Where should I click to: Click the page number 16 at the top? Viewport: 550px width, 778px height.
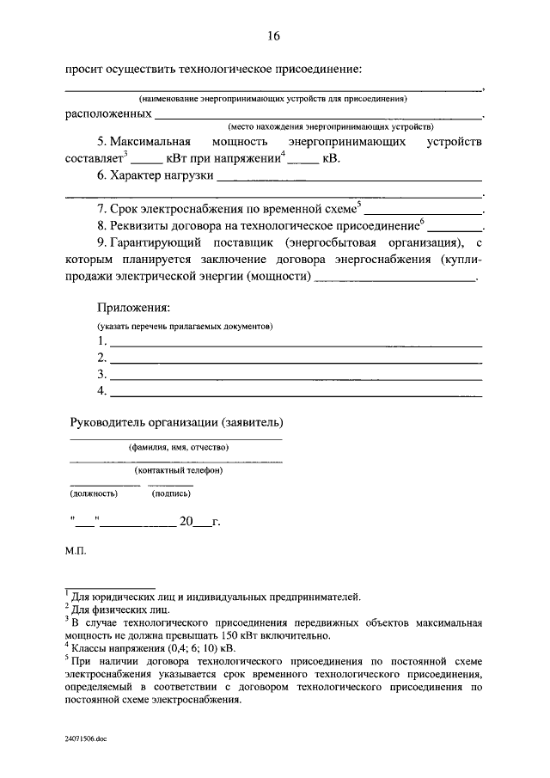(273, 35)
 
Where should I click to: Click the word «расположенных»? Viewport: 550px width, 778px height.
(109, 113)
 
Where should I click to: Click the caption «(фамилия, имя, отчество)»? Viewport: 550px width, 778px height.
(179, 448)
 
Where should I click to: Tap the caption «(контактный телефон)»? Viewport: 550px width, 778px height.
(179, 470)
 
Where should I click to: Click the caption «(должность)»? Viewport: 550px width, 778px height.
(93, 493)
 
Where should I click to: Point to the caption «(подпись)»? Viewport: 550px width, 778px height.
(171, 493)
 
